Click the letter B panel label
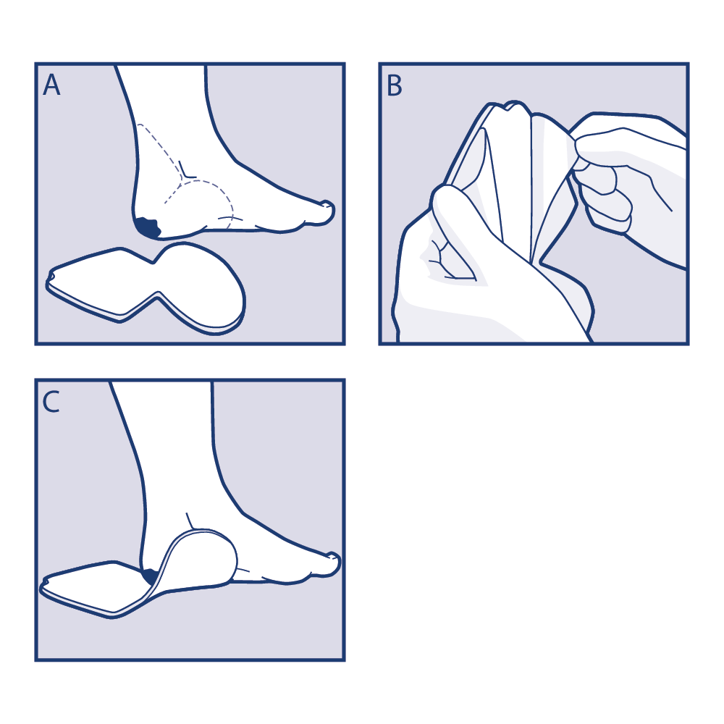click(395, 85)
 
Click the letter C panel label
click(51, 402)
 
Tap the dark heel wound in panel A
click(148, 227)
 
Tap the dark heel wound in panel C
click(151, 576)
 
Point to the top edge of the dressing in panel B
click(508, 107)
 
